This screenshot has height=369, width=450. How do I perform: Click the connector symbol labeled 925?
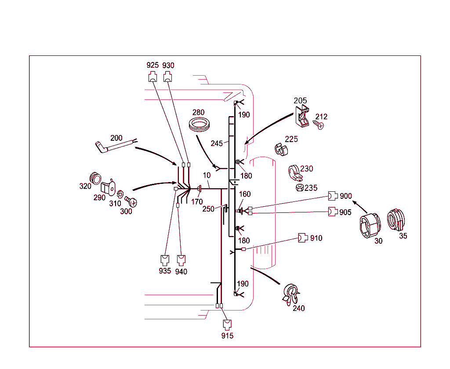click(x=152, y=77)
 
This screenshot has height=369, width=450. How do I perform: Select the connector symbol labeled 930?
click(x=168, y=77)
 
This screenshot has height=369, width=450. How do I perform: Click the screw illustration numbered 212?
click(x=319, y=125)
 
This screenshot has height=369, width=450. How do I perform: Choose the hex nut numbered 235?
click(x=299, y=188)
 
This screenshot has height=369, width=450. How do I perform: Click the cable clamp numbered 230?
click(x=295, y=172)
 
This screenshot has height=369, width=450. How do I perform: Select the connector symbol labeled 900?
click(x=333, y=196)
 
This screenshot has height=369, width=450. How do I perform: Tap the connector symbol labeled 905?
click(x=333, y=212)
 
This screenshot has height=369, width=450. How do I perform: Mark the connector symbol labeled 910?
click(x=303, y=238)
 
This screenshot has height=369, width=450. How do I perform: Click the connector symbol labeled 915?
click(x=227, y=325)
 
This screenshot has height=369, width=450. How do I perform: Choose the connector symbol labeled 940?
click(x=181, y=259)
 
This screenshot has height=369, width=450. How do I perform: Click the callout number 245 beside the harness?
click(x=216, y=143)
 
